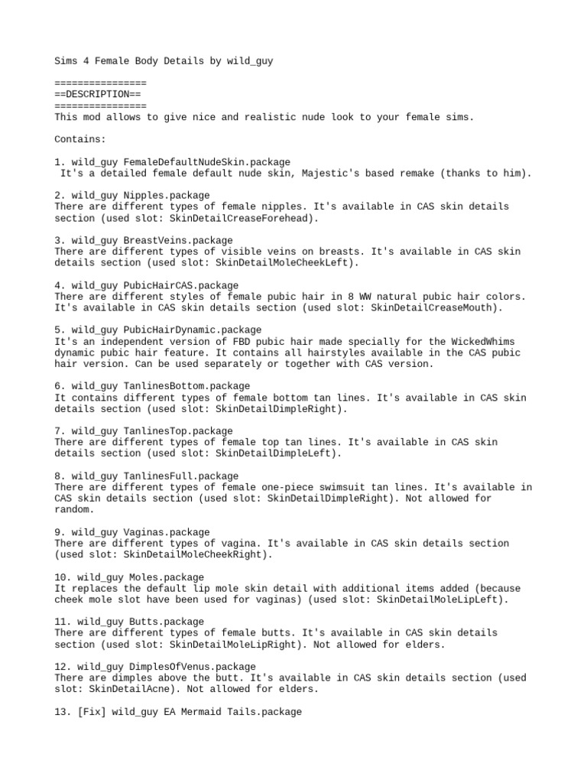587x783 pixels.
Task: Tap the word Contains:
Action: [80, 139]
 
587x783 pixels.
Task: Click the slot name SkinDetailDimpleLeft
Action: [271, 453]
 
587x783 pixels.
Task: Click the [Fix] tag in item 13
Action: [91, 712]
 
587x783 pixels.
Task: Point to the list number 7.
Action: [58, 431]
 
